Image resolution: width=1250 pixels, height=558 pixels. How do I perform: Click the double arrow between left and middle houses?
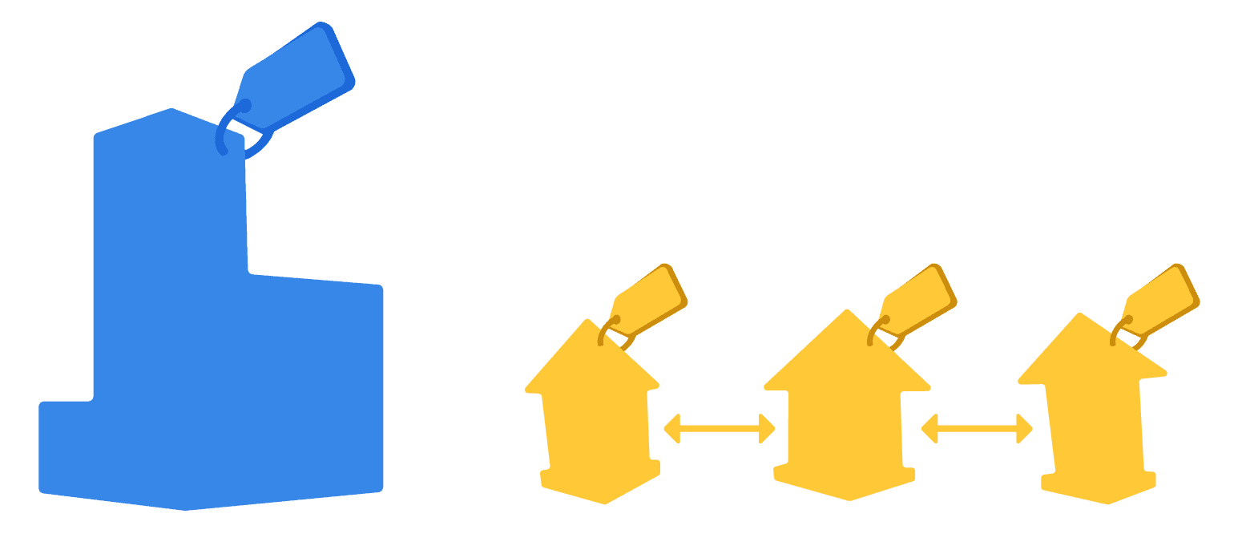(x=719, y=429)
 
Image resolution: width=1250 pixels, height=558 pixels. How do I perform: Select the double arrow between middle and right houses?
(x=977, y=429)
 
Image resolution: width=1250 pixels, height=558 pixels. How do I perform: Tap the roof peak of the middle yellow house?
(x=846, y=314)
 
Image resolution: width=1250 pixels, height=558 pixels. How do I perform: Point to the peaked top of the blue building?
(x=171, y=112)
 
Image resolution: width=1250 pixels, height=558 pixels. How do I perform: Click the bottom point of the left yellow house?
(x=604, y=501)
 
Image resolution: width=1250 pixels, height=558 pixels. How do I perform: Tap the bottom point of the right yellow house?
(x=1107, y=501)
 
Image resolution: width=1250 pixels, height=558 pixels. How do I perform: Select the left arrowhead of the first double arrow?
(x=671, y=429)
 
